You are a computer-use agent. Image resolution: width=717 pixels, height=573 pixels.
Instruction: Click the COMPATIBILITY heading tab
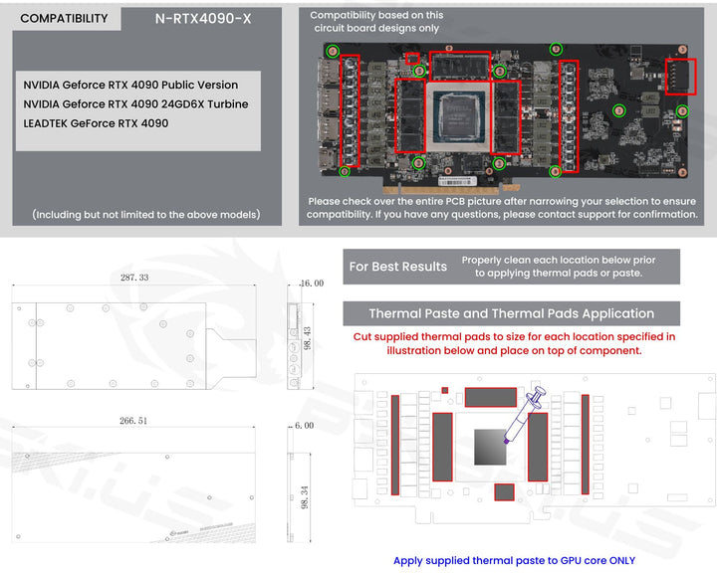[x=64, y=18]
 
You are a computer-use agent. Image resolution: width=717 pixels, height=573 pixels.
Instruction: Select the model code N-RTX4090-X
[x=203, y=19]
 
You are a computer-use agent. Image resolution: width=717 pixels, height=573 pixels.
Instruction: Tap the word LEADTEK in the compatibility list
[x=45, y=123]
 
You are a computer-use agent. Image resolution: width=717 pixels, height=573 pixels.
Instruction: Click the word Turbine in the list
[x=228, y=104]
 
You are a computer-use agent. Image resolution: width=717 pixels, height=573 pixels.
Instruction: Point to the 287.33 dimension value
[x=134, y=278]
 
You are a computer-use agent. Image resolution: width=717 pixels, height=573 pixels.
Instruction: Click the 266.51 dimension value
[x=133, y=421]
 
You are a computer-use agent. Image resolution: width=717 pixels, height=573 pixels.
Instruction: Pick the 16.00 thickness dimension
[x=312, y=284]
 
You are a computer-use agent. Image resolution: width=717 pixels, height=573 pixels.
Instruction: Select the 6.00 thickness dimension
[x=304, y=426]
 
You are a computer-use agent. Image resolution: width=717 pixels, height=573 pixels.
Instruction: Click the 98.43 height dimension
[x=308, y=338]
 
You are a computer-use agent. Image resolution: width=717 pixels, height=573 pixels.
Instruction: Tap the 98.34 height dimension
[x=305, y=497]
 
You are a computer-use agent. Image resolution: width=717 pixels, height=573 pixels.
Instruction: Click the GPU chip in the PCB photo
[x=458, y=116]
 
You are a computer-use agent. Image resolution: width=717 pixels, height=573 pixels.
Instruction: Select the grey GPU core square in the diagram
[x=490, y=447]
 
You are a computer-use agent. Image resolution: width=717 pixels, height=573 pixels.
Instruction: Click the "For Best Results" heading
[x=397, y=267]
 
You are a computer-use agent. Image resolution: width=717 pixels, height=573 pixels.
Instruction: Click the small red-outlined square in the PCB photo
[x=412, y=58]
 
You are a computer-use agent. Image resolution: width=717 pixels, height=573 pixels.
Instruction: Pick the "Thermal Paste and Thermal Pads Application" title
[x=511, y=313]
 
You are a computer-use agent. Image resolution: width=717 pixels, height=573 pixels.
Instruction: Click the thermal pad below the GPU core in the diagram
[x=504, y=492]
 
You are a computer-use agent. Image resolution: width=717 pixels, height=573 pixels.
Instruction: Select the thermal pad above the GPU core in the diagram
[x=491, y=397]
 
